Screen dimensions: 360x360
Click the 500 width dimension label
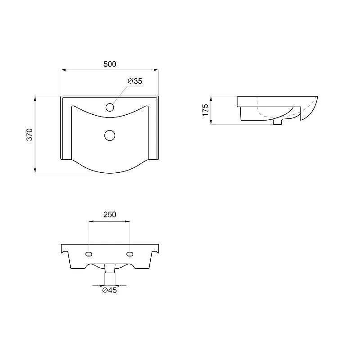[110, 64]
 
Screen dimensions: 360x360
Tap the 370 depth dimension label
[30, 135]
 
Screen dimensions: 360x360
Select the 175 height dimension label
[206, 110]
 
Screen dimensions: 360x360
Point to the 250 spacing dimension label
[110, 215]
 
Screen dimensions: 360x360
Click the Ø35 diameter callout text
[135, 81]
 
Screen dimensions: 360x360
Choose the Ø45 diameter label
[109, 290]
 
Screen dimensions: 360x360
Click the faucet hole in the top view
[110, 107]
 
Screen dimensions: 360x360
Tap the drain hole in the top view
[110, 135]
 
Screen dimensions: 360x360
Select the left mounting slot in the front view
[89, 254]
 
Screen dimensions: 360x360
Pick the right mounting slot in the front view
[130, 254]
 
